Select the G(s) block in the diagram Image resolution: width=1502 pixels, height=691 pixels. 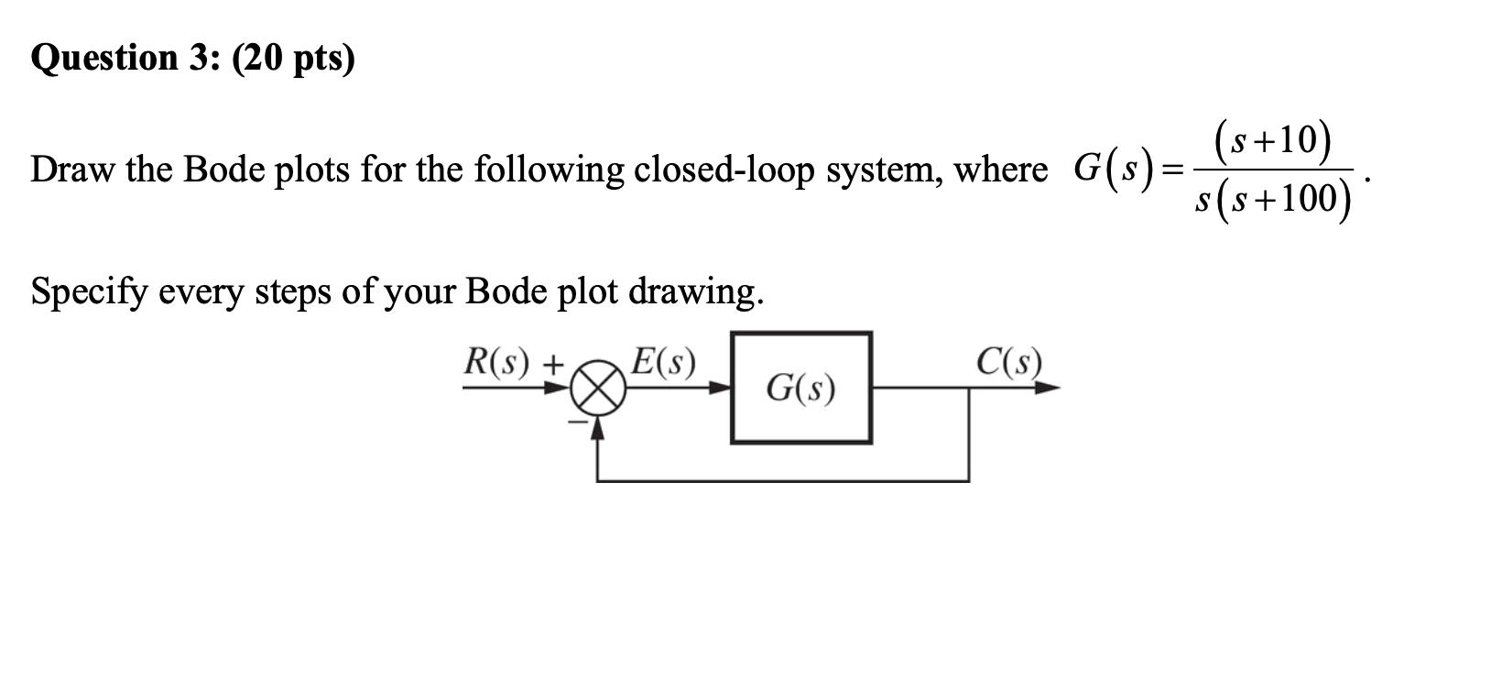pos(801,388)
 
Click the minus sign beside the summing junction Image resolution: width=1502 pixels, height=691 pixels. pos(577,422)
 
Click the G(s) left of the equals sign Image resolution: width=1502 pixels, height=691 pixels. pos(1108,170)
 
